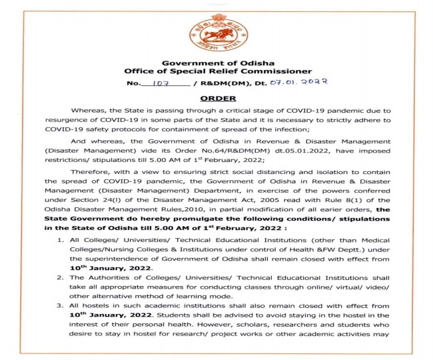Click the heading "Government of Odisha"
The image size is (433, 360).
217,62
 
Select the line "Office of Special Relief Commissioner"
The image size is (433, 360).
217,71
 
